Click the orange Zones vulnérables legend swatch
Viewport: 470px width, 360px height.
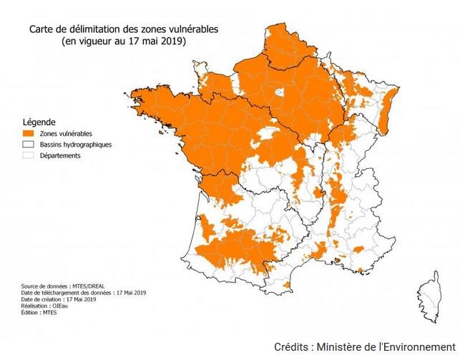(29, 133)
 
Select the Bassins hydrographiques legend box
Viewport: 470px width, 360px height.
(29, 145)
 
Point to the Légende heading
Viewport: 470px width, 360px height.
(39, 122)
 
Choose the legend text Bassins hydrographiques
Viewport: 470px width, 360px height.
(76, 145)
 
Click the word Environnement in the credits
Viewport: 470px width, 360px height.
(418, 346)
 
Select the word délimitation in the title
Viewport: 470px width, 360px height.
(87, 29)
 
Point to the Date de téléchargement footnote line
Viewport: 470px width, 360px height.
(82, 292)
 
